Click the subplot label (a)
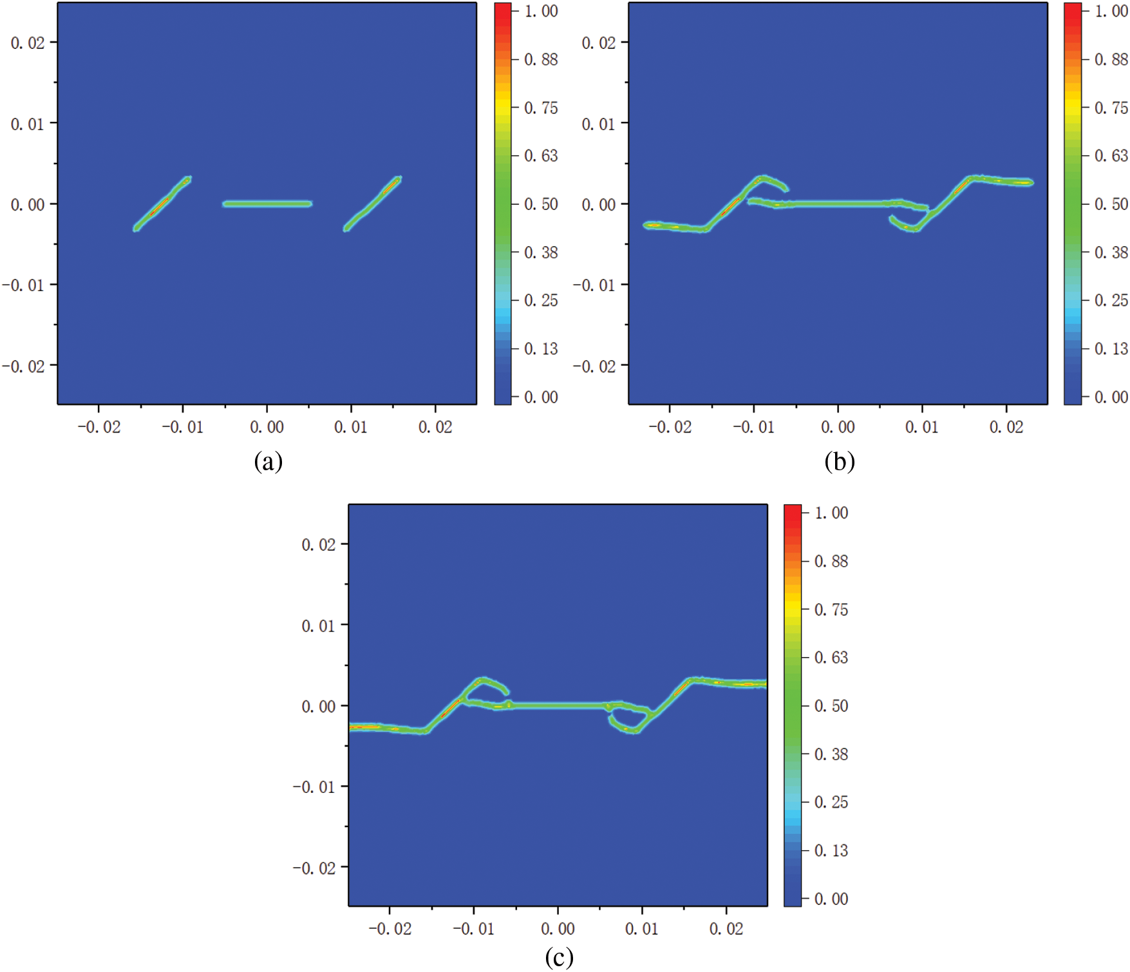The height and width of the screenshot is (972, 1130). [x=268, y=462]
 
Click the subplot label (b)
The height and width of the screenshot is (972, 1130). [x=839, y=462]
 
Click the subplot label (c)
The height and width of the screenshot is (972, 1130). [x=559, y=957]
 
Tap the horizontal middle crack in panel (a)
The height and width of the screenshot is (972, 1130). [x=267, y=204]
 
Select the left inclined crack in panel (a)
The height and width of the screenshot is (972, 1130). [x=162, y=204]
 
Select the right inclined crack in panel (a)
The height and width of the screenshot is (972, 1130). [x=372, y=204]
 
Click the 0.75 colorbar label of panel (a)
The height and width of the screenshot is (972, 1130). [x=541, y=108]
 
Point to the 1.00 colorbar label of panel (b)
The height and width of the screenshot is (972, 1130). [x=1111, y=11]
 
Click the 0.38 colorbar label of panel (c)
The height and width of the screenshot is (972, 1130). [x=831, y=754]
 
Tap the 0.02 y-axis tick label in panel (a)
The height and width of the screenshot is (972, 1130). [x=28, y=43]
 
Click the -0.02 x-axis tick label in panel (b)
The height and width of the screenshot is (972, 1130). [x=670, y=427]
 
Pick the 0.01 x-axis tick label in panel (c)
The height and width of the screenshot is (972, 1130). [x=642, y=929]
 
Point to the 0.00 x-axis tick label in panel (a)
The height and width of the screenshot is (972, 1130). [x=267, y=427]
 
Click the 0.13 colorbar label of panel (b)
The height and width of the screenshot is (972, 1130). [x=1111, y=348]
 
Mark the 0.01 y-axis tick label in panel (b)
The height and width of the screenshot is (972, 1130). [x=599, y=124]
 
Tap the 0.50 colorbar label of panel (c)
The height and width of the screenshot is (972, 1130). [x=831, y=705]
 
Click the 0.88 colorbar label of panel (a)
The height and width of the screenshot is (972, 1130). [x=541, y=59]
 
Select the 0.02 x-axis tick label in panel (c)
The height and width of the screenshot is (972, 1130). [x=726, y=929]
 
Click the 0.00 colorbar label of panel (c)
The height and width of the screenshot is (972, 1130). [x=831, y=899]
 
